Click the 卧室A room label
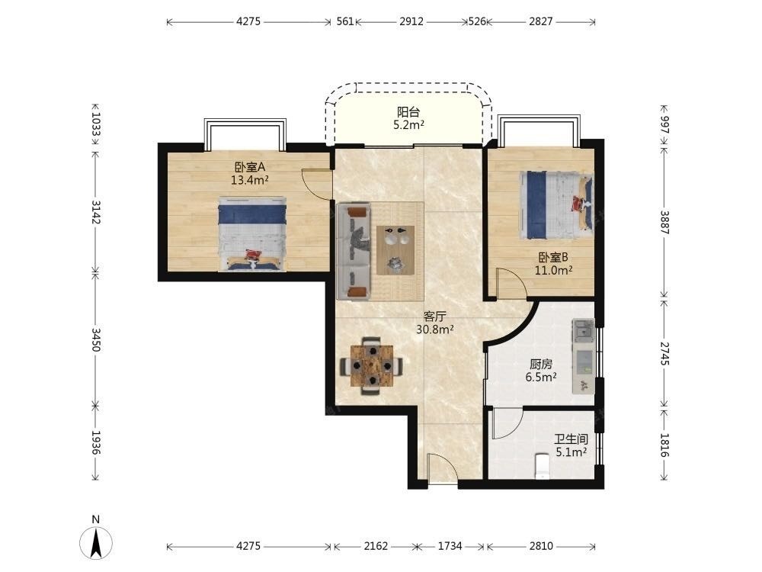250,167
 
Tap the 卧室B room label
553,257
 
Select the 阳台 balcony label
408,112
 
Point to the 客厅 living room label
434,317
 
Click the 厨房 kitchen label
541,364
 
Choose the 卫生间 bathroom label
571,440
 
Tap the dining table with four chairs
372,365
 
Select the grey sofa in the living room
354,250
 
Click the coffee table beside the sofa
395,250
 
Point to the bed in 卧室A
251,234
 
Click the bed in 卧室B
556,204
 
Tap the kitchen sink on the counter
583,331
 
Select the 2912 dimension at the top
411,21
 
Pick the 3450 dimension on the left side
96,339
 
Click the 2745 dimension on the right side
664,354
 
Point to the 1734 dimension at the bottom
450,546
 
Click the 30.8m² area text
435,329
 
